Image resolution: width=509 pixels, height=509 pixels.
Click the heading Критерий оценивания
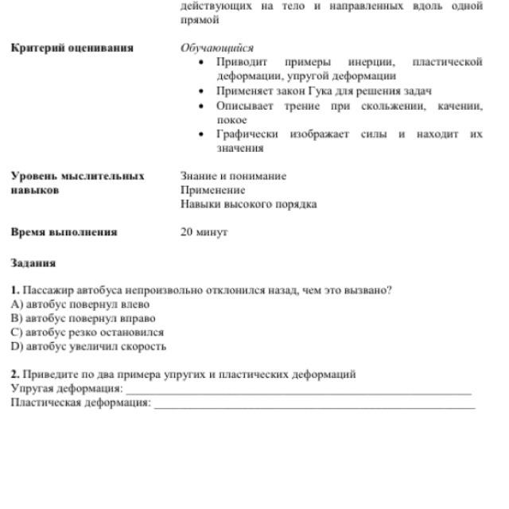click(72, 48)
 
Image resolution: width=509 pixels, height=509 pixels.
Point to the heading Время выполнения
click(64, 232)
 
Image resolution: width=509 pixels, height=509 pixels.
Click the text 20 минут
click(204, 232)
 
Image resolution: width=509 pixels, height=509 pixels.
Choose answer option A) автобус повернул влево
click(80, 304)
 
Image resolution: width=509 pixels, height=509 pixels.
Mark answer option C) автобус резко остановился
click(87, 332)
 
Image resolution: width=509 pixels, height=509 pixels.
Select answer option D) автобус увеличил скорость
click(88, 347)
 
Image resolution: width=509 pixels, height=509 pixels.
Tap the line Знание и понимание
click(234, 176)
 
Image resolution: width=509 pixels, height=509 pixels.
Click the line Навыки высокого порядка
click(248, 204)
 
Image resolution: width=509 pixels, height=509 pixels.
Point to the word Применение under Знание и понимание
click(212, 190)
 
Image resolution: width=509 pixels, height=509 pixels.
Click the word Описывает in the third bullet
click(243, 105)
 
